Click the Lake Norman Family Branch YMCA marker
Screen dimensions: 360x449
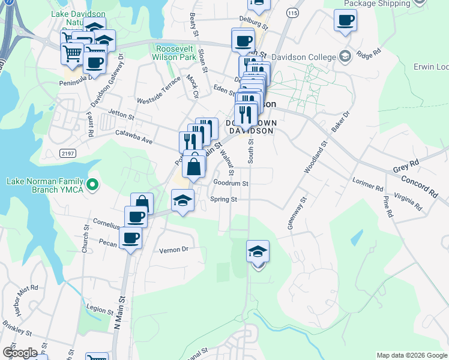(92, 186)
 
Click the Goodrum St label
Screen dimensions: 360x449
(231, 183)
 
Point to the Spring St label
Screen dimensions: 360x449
(224, 199)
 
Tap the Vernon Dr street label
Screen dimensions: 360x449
(173, 249)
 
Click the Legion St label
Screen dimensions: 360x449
(100, 310)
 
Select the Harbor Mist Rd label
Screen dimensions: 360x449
(20, 294)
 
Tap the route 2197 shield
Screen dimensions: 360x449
(68, 154)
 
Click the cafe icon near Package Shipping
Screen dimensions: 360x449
(345, 20)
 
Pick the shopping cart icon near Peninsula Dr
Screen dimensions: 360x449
(72, 55)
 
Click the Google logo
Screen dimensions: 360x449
(19, 353)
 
